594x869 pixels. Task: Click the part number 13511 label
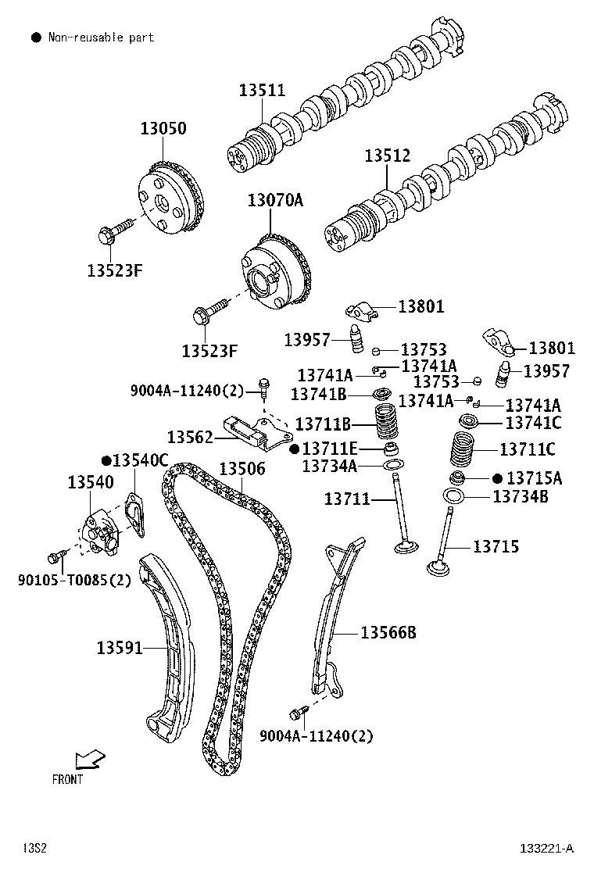click(x=262, y=90)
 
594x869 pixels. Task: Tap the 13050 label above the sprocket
click(x=163, y=128)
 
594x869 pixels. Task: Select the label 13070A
click(x=275, y=199)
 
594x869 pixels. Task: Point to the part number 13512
click(x=388, y=156)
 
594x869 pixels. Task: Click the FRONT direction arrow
click(x=90, y=759)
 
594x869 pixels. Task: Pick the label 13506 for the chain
click(x=242, y=469)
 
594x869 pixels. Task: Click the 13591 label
click(x=120, y=647)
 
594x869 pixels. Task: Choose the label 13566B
click(x=388, y=632)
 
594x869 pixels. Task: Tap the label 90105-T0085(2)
click(x=75, y=580)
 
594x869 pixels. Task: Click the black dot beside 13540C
click(x=106, y=460)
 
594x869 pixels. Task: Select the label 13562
click(x=190, y=438)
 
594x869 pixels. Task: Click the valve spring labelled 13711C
click(x=462, y=449)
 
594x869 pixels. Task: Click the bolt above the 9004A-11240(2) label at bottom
click(x=299, y=710)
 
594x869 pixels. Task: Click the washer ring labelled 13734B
click(x=453, y=495)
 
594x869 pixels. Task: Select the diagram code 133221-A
click(x=547, y=849)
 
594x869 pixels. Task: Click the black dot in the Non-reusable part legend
click(x=36, y=38)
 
